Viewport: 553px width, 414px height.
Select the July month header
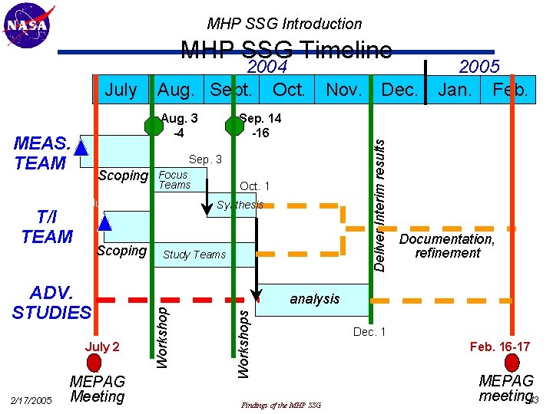(121, 90)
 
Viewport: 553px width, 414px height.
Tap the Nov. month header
(344, 90)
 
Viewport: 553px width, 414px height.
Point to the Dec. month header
(399, 90)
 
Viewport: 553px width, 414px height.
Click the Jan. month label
(455, 90)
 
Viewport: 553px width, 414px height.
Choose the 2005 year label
(479, 67)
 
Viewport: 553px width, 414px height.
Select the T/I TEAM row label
(47, 226)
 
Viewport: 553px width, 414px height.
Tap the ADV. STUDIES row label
(51, 303)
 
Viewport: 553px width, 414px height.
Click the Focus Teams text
(174, 180)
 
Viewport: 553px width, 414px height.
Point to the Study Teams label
(194, 255)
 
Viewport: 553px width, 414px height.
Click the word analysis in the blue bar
(314, 299)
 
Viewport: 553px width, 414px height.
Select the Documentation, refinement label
(447, 246)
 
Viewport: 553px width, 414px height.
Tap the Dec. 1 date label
(369, 332)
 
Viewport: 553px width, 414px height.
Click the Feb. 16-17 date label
(500, 347)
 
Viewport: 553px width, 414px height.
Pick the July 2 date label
(102, 347)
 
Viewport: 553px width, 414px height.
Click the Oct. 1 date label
(255, 186)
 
